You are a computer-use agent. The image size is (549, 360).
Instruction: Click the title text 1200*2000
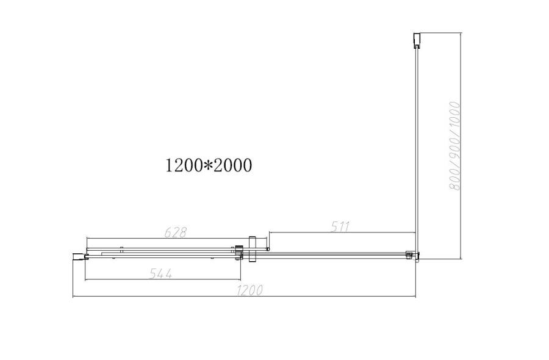208,165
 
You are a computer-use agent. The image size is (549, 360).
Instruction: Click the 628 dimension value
175,232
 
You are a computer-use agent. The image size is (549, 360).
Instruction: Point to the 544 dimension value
161,274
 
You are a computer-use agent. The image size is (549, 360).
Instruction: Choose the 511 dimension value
340,226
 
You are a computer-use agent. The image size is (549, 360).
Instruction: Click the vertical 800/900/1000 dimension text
454,146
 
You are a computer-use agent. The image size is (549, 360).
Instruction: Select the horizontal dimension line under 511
342,233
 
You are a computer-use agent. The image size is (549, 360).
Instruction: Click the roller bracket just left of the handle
239,253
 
